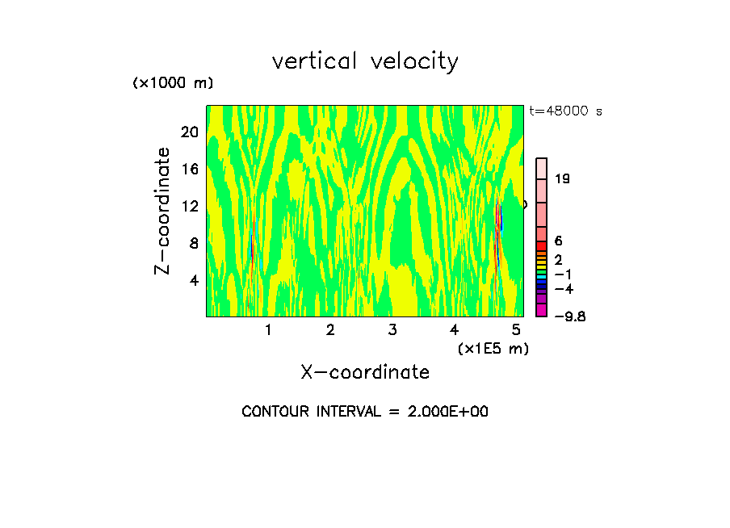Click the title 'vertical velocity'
(365, 61)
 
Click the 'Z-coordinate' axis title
(163, 211)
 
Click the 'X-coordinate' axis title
(365, 372)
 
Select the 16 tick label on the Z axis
(189, 169)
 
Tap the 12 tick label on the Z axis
(189, 206)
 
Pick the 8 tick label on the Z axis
(193, 243)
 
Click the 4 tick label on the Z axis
(193, 281)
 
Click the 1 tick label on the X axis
(268, 329)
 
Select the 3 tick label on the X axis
(392, 329)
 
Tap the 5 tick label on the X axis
(517, 329)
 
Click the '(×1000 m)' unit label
(173, 84)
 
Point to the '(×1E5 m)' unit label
(493, 348)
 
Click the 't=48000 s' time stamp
(566, 111)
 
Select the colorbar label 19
(563, 178)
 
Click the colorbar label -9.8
(569, 316)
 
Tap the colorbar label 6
(558, 241)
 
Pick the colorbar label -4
(563, 288)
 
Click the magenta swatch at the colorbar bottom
(542, 311)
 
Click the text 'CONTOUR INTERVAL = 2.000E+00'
(365, 412)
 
